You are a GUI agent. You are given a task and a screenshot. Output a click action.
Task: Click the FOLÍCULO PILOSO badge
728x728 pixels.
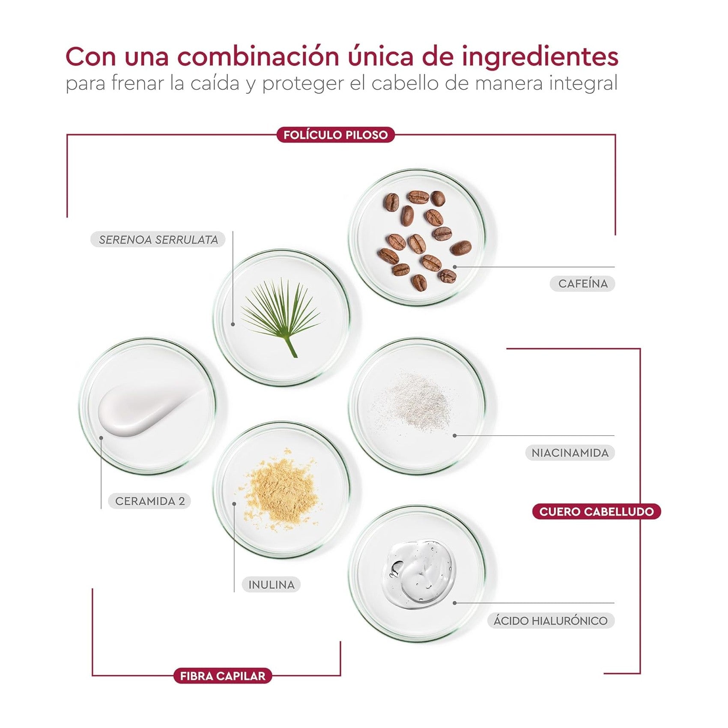tap(336, 135)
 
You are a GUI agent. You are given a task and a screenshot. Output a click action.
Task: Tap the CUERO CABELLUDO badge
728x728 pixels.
tap(597, 511)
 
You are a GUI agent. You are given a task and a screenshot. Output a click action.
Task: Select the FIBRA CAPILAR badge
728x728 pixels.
tap(223, 676)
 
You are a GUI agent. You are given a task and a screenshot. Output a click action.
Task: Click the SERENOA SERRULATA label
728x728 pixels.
tap(158, 239)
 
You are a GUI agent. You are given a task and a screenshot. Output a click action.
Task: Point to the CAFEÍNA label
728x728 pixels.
tap(583, 283)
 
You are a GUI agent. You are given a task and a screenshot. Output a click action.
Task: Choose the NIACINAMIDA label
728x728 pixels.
tap(570, 453)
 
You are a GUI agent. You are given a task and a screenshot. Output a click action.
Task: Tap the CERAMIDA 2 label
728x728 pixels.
tap(150, 501)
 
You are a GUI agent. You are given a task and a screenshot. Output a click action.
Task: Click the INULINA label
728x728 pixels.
tap(272, 585)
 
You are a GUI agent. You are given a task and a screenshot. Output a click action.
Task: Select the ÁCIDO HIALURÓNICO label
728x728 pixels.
tap(551, 621)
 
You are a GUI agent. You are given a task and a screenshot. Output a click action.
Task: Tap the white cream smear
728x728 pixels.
tap(148, 412)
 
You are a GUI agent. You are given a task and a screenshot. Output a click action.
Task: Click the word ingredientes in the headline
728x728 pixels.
tap(540, 57)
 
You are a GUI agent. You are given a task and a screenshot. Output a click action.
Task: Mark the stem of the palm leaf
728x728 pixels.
tap(292, 346)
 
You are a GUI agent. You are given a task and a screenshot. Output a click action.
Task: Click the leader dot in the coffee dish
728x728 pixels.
tap(455, 267)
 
